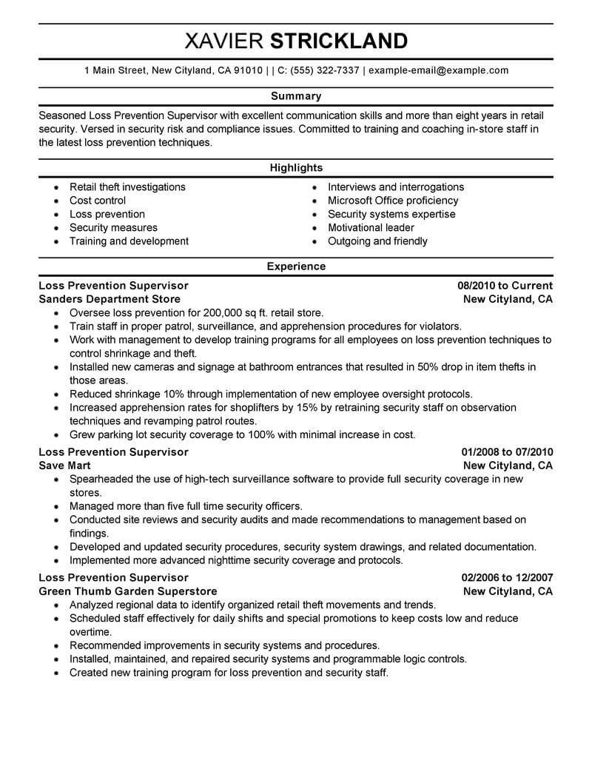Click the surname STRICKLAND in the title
point(339,41)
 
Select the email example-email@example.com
point(439,71)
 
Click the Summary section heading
point(296,96)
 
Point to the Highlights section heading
point(296,168)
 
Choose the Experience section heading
point(296,266)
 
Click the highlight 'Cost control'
point(98,201)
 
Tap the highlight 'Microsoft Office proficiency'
point(393,201)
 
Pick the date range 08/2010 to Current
point(505,286)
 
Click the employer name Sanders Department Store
point(109,300)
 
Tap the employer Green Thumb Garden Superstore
point(127,592)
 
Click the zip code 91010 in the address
point(247,71)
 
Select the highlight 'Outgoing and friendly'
point(377,241)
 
